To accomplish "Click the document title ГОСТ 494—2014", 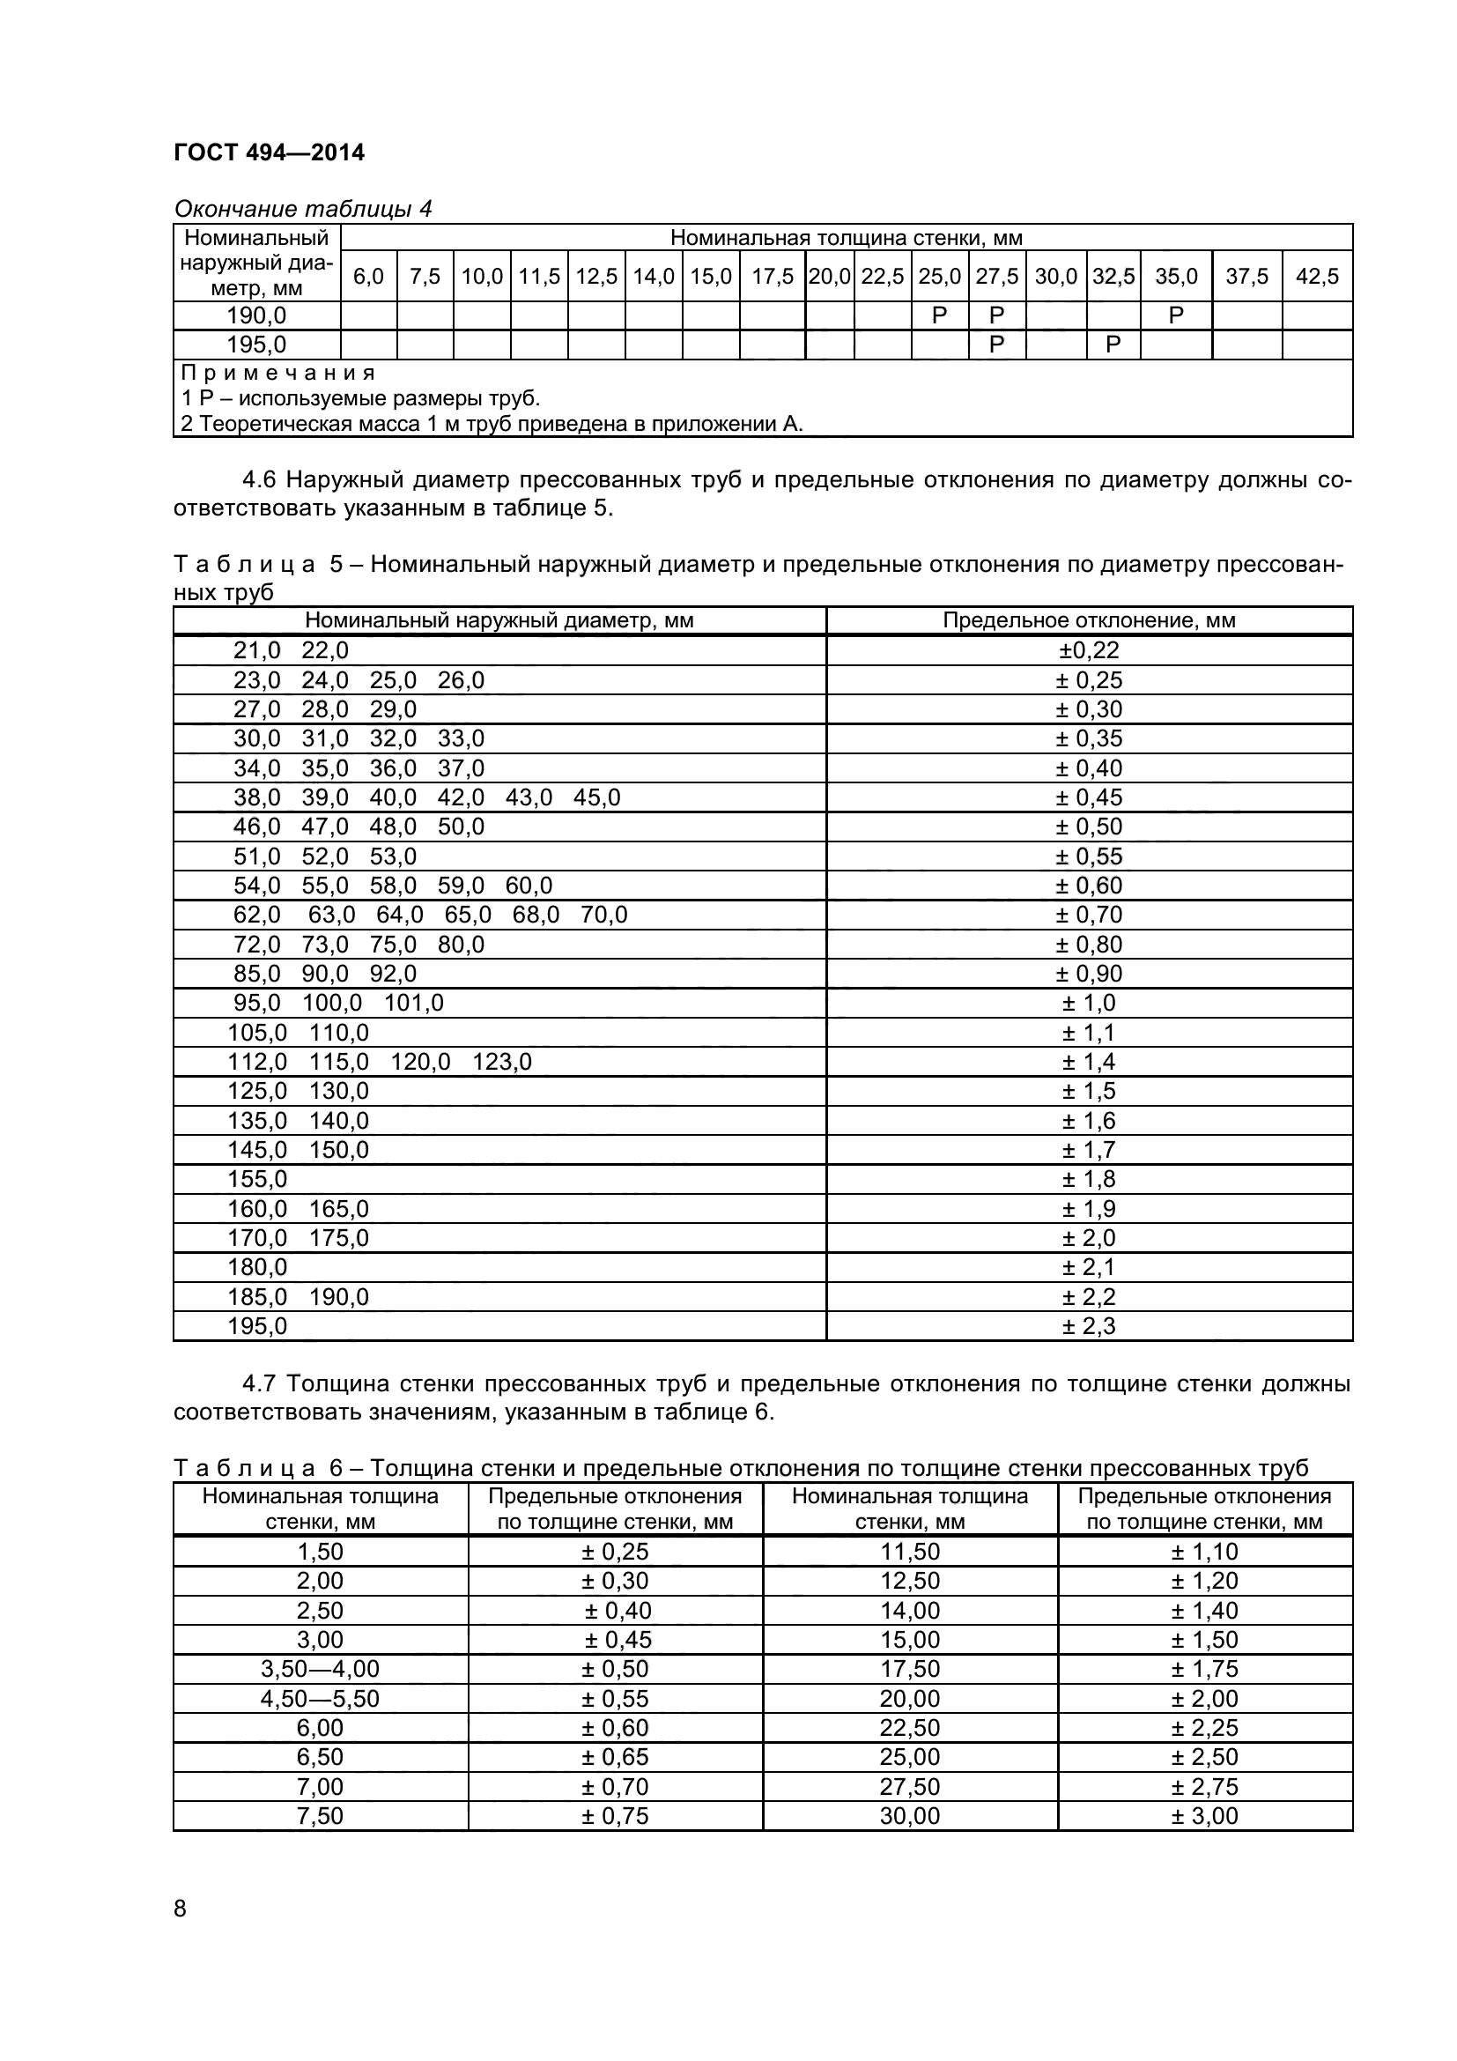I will tap(270, 152).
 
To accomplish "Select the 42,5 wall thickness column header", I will tap(1316, 277).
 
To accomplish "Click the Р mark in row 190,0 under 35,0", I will tap(1175, 315).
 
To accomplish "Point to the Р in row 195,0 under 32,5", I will tap(1113, 345).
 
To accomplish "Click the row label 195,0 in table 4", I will tap(256, 345).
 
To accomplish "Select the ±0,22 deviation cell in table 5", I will tap(1088, 651).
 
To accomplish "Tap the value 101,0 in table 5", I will tap(414, 1003).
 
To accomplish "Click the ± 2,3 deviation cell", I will tap(1088, 1326).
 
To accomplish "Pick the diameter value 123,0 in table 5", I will tap(501, 1062).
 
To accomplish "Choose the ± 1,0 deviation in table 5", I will tap(1088, 1003).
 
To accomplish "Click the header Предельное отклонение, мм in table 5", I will tap(1088, 620).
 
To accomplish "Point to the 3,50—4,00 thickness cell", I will tap(321, 1669).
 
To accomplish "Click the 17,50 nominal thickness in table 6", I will tap(910, 1669).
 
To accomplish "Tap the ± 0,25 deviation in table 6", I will tap(615, 1552).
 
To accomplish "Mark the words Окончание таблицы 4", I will tap(302, 209).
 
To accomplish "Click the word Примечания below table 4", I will tap(278, 373).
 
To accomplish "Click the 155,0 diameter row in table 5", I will tap(256, 1179).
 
